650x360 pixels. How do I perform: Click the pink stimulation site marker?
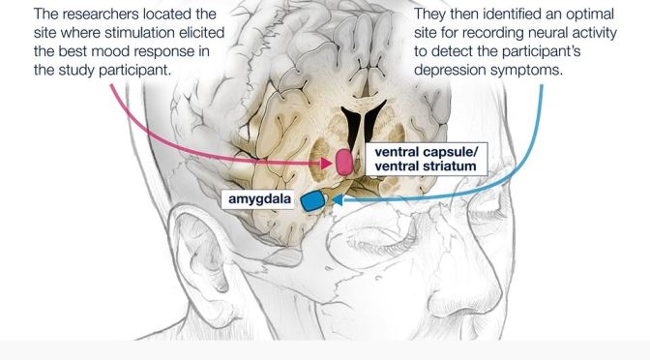click(344, 163)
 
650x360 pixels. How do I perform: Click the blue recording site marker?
click(312, 201)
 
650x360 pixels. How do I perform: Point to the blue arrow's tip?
click(331, 203)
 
